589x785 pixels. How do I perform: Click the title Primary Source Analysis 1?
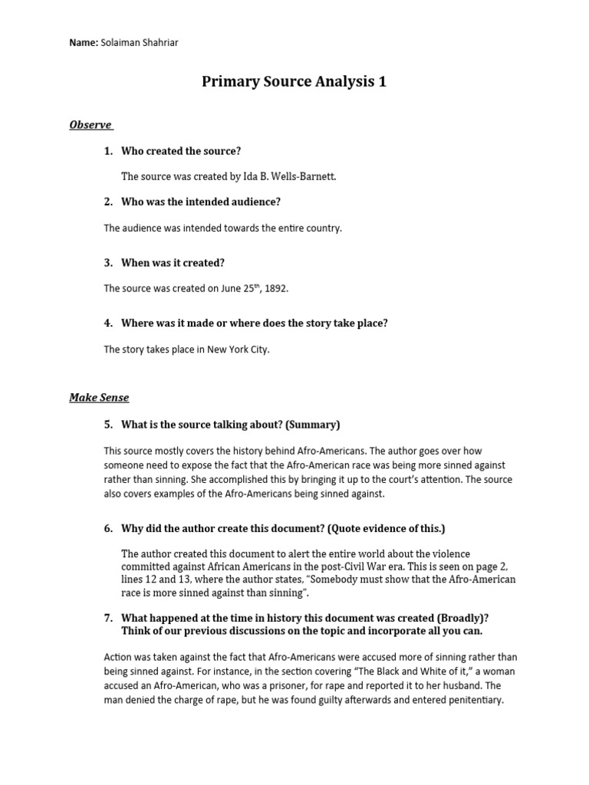click(294, 81)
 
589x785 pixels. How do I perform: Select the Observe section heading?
click(91, 124)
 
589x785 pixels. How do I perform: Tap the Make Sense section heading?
click(99, 397)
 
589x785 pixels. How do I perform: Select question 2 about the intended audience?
click(201, 202)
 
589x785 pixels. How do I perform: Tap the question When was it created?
click(173, 262)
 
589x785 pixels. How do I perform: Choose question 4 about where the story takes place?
click(254, 323)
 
